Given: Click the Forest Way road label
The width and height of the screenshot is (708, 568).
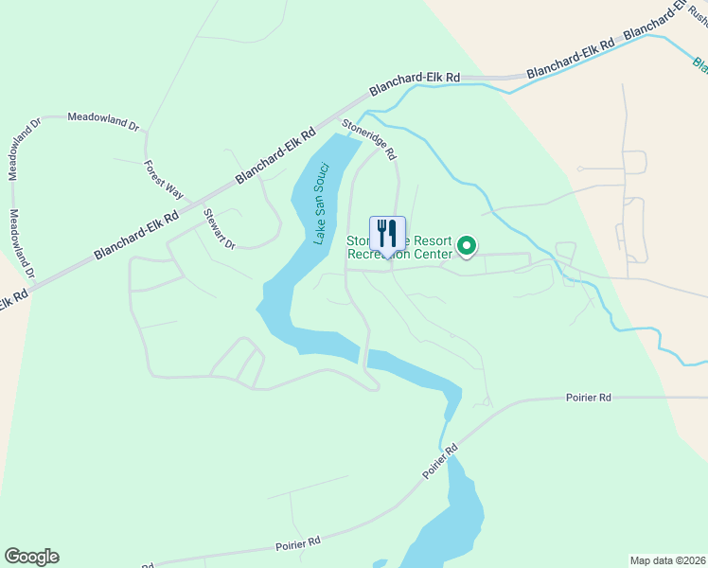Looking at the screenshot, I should click(x=163, y=177).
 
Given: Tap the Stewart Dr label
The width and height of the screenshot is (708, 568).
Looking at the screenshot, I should click(x=219, y=229).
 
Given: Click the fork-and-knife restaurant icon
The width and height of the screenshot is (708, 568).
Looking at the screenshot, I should click(x=387, y=233).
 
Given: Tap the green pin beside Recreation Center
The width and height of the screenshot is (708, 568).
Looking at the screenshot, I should click(x=467, y=247).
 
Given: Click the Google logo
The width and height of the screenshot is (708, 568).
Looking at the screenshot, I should click(x=31, y=557).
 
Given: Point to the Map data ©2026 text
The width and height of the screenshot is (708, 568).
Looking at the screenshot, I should click(x=668, y=559).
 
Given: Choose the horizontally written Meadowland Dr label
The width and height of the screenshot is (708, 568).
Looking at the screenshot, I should click(x=103, y=120).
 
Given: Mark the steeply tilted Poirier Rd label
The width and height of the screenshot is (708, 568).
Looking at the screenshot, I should click(x=440, y=461).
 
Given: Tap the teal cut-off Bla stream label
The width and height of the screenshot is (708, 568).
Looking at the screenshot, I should click(x=699, y=65).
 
